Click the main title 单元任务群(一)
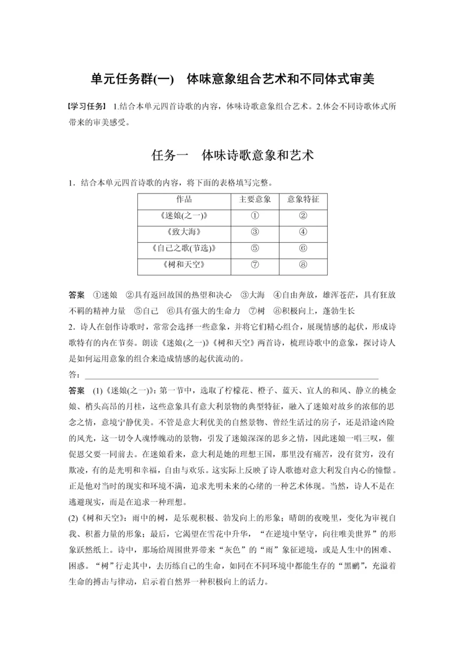(133, 79)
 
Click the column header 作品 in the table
(184, 199)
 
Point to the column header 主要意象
(255, 199)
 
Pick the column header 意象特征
(303, 199)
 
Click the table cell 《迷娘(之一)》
(184, 216)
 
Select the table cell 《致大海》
(184, 232)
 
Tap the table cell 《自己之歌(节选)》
(184, 249)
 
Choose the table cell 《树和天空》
(184, 265)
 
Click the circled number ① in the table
(255, 216)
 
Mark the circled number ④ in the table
(303, 232)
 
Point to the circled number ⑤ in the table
(255, 249)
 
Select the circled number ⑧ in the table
(303, 265)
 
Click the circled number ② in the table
(303, 216)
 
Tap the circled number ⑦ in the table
(255, 265)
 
